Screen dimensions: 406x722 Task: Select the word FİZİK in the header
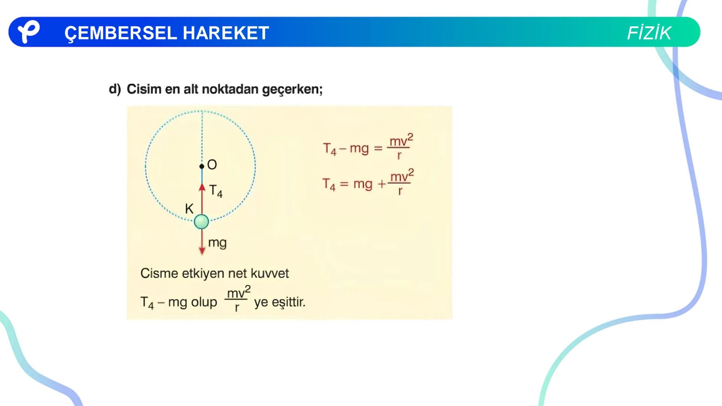pos(649,33)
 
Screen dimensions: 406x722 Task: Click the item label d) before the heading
pos(115,89)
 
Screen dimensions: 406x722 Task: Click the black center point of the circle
pos(202,166)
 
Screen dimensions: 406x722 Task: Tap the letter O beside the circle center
pos(212,165)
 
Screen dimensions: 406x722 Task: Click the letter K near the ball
pos(189,209)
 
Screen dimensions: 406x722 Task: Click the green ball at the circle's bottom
pos(202,222)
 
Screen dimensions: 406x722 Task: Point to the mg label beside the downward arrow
pos(217,243)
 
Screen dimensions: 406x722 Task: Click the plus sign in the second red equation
pos(382,184)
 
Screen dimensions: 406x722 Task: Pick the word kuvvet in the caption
pos(270,273)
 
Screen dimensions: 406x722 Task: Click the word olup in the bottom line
pos(204,302)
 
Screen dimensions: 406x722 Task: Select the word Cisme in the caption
pos(159,273)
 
